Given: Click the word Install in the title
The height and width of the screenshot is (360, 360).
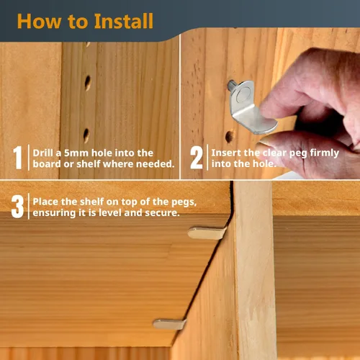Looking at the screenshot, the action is click(123, 21).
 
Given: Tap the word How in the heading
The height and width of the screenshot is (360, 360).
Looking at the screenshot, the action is click(39, 21).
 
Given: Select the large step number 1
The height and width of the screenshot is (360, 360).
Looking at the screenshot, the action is click(17, 158).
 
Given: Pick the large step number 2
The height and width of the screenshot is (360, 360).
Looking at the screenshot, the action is click(197, 158).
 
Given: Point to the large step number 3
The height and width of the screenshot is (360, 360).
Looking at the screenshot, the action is click(17, 207).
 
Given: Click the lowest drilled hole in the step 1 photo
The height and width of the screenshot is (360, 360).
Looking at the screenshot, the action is click(86, 135).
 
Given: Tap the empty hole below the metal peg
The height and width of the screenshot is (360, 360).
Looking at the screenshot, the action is click(230, 136).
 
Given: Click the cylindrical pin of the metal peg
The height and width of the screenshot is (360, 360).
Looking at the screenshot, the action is click(231, 85).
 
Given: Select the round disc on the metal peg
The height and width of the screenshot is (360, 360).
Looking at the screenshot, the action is click(243, 94).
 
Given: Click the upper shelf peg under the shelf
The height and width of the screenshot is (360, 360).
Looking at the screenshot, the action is click(206, 233).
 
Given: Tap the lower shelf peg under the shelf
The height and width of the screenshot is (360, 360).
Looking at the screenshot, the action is click(169, 324).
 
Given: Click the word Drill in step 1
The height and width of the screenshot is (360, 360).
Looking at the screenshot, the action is click(42, 153).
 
